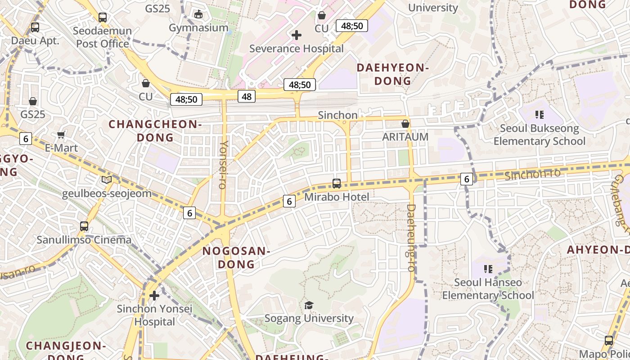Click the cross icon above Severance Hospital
(297, 35)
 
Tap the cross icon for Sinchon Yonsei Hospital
(154, 296)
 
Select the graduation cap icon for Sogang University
(308, 306)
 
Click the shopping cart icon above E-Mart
(61, 135)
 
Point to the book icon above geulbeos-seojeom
(107, 180)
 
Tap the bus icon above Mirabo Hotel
(337, 184)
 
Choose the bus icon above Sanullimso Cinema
(84, 226)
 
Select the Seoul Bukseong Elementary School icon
(539, 115)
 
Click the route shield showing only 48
(247, 96)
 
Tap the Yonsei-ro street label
(224, 165)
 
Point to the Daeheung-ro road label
(411, 238)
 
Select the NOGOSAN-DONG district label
(236, 257)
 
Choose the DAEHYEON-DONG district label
(393, 74)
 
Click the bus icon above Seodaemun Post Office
(103, 18)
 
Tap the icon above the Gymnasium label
(198, 14)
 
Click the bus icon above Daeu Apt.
(35, 27)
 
